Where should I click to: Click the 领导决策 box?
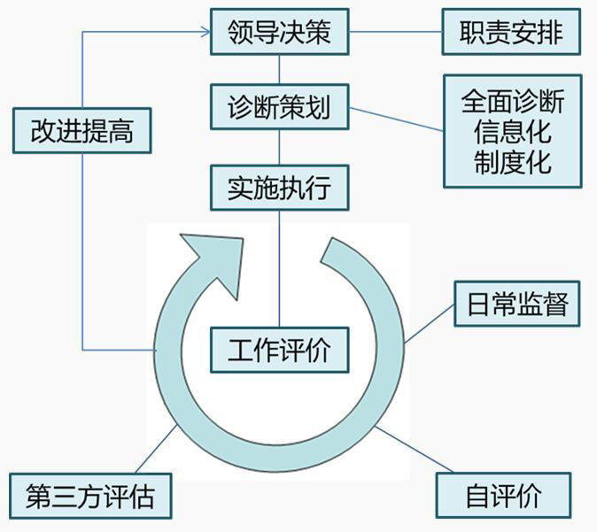click(x=279, y=33)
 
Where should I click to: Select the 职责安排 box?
click(x=511, y=33)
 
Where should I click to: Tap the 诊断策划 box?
click(x=279, y=108)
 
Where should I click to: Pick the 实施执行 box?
click(x=279, y=188)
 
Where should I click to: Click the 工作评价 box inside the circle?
click(x=279, y=350)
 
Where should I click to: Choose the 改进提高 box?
click(x=82, y=131)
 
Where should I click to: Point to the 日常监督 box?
click(x=516, y=305)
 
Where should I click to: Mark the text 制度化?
click(x=512, y=162)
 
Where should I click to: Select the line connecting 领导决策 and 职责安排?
click(x=394, y=33)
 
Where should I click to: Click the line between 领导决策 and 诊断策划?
click(x=279, y=70)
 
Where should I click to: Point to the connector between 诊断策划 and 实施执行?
click(x=279, y=148)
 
